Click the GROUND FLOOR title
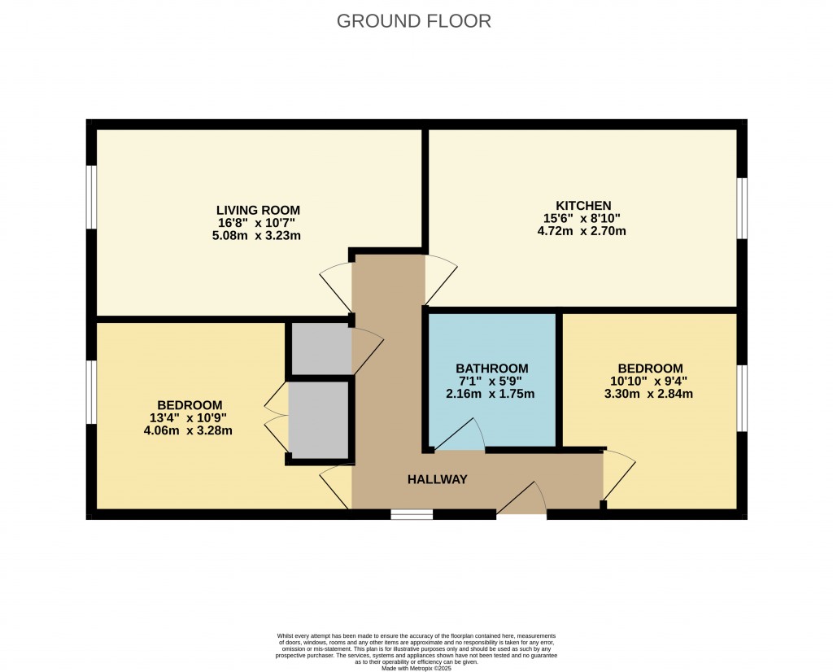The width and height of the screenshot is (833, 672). coord(414,21)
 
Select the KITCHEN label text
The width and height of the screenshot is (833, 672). coord(583,205)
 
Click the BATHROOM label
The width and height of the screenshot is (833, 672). coord(491,369)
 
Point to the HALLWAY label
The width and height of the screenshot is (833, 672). coord(438,479)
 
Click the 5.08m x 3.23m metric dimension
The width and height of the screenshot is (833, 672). coord(257,236)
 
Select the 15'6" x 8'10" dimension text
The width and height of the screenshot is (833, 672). coord(583,218)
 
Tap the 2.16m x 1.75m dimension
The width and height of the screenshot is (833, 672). coord(491,395)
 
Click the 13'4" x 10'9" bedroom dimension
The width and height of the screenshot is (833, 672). coord(190,418)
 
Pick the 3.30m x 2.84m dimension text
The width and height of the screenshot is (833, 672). coord(649,395)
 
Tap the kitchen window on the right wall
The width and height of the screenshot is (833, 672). coord(741,208)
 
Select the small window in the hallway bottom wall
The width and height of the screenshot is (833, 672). coord(412,514)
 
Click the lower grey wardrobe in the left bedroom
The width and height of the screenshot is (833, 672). coord(318,418)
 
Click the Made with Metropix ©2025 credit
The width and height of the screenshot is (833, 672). coord(416,668)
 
